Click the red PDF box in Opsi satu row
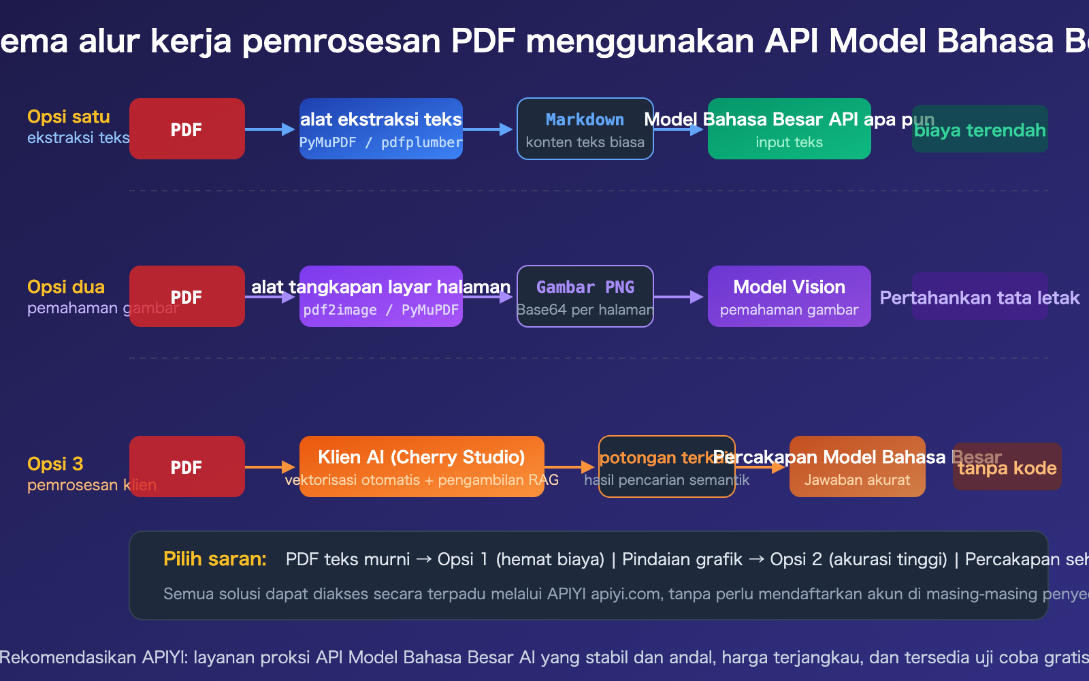(x=186, y=129)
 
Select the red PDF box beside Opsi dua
(x=186, y=296)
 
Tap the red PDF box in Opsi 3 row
(x=186, y=466)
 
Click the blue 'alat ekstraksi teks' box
(x=381, y=129)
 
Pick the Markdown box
(x=585, y=129)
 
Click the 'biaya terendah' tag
(x=979, y=129)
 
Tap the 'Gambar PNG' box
(x=585, y=296)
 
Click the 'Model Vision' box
(x=789, y=296)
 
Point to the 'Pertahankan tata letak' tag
(x=979, y=297)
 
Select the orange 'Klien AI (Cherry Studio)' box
(x=421, y=466)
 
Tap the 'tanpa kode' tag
(x=1007, y=467)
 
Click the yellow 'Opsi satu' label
(x=68, y=116)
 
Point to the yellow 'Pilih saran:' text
(x=214, y=559)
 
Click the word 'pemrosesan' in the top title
(x=341, y=41)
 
